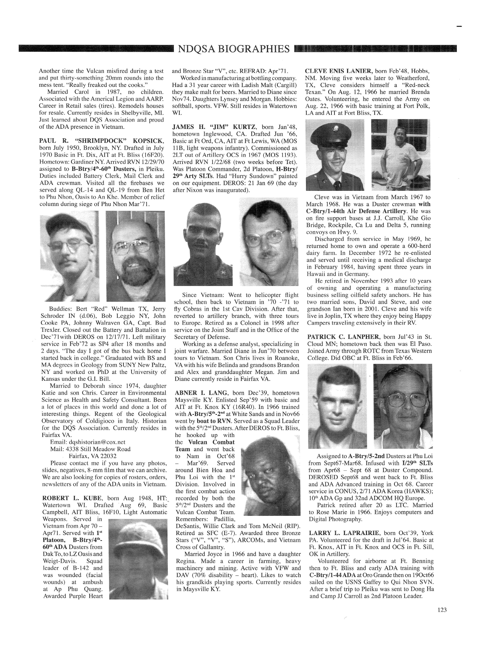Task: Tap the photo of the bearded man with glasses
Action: [135, 256]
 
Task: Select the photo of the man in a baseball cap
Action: [69, 256]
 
